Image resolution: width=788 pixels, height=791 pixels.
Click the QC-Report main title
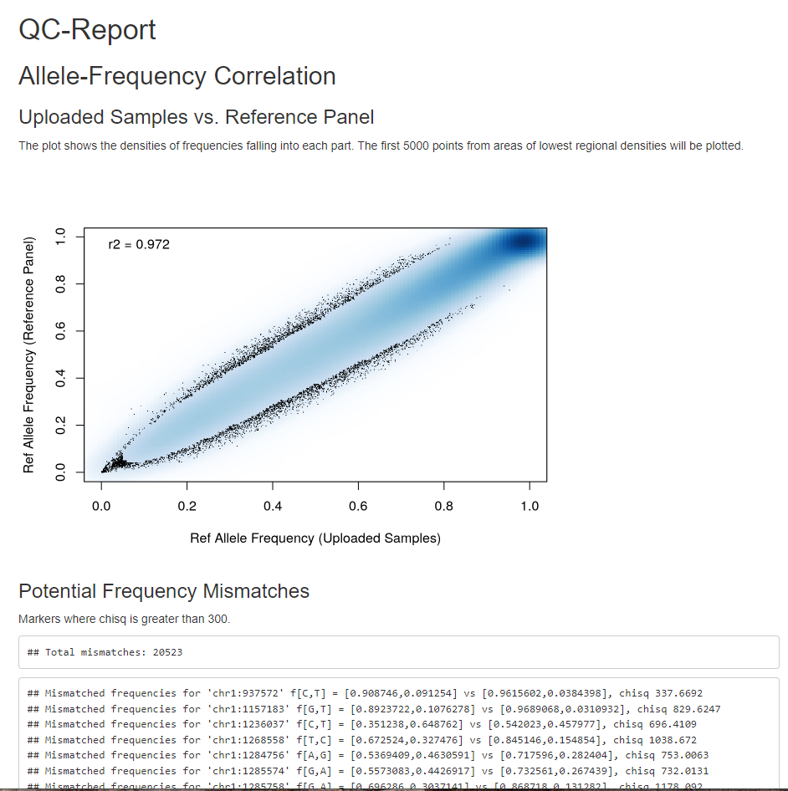pos(87,30)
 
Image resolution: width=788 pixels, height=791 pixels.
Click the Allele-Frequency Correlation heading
pos(177,76)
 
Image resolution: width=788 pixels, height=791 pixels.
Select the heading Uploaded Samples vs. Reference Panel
pos(196,117)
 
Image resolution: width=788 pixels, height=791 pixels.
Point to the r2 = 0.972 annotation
pos(139,245)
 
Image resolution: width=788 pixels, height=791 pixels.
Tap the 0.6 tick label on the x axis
pos(358,507)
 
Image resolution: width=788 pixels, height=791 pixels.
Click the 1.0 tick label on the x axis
pos(529,507)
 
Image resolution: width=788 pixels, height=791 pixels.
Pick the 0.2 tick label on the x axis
pos(187,507)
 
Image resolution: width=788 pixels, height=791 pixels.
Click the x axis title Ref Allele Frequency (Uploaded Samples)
pos(315,538)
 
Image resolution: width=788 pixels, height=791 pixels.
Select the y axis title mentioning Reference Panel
pos(29,355)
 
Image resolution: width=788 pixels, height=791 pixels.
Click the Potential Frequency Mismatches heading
pos(164,592)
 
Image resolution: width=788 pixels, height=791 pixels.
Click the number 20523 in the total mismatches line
pos(167,652)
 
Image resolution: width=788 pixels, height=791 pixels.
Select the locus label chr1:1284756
pos(240,755)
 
